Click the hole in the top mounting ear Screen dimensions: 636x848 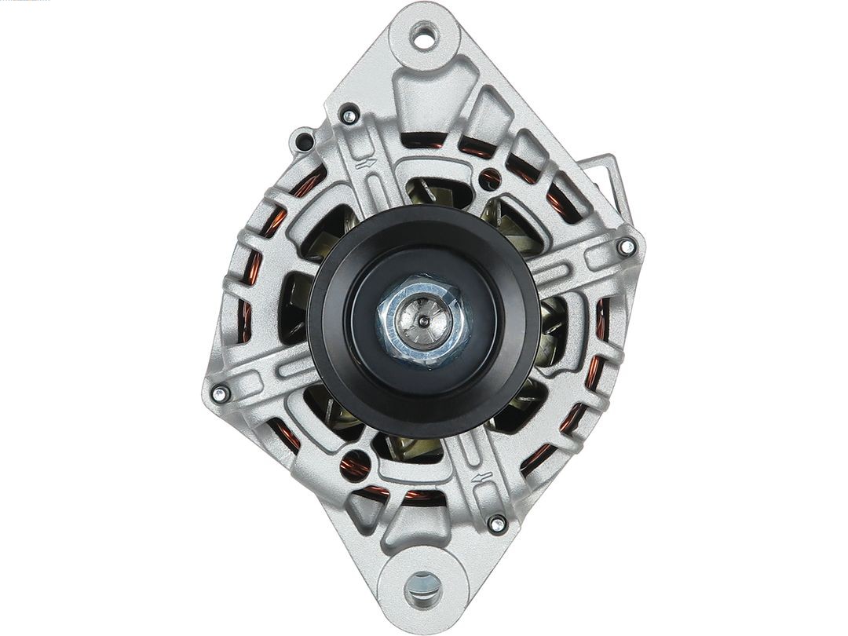pyautogui.click(x=424, y=35)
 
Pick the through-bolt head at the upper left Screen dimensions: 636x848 pyautogui.click(x=349, y=116)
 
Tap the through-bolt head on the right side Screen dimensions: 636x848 pyautogui.click(x=626, y=247)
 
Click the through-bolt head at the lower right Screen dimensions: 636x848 pyautogui.click(x=496, y=522)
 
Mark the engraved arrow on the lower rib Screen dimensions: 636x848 pyautogui.click(x=483, y=477)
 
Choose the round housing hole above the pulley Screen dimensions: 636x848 pyautogui.click(x=489, y=179)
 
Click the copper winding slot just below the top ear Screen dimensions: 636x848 pyautogui.click(x=424, y=141)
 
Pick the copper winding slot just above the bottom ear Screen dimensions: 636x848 pyautogui.click(x=424, y=496)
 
